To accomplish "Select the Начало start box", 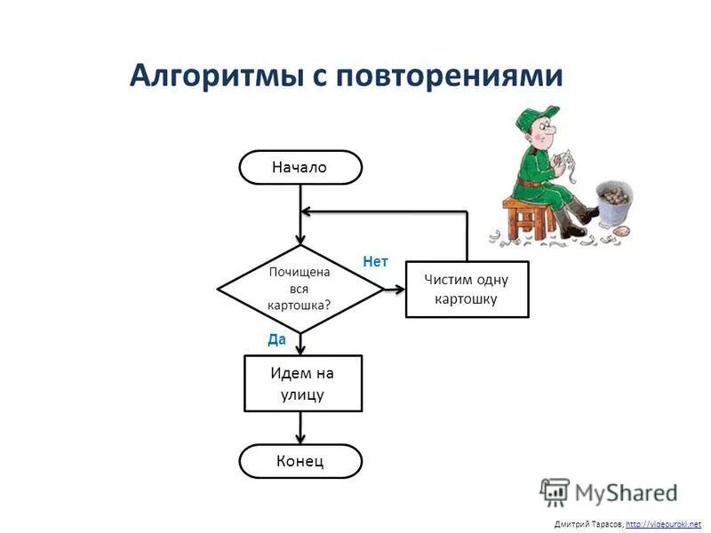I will pyautogui.click(x=300, y=167).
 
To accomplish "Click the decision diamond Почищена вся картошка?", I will pyautogui.click(x=300, y=288).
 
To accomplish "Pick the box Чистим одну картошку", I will pyautogui.click(x=467, y=289).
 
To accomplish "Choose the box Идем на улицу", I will pyautogui.click(x=302, y=383).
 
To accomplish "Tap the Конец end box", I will pyautogui.click(x=300, y=461).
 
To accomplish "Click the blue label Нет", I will pyautogui.click(x=376, y=262).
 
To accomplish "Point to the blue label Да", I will pyautogui.click(x=277, y=338).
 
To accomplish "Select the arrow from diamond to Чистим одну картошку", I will pyautogui.click(x=393, y=289).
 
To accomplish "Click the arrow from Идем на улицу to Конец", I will pyautogui.click(x=301, y=428).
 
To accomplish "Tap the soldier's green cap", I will pyautogui.click(x=538, y=116).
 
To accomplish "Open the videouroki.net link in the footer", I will pyautogui.click(x=663, y=524).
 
